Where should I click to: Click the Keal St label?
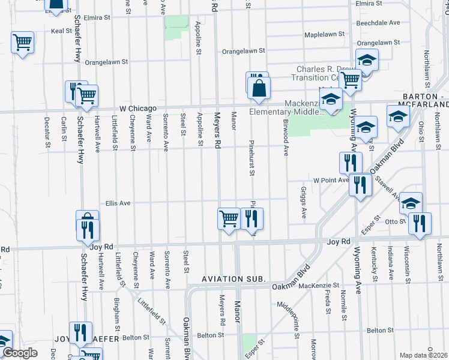click(x=61, y=31)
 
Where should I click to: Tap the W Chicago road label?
click(x=137, y=108)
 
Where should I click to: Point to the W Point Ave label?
click(x=330, y=179)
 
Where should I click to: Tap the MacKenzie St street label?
click(x=319, y=286)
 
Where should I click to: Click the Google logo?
click(x=19, y=353)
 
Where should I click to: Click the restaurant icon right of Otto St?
click(x=420, y=223)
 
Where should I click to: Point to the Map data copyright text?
click(x=423, y=355)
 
